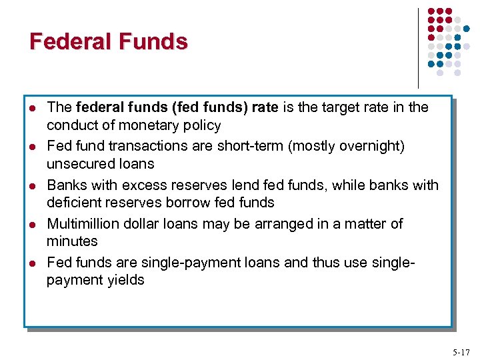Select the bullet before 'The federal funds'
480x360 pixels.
pyautogui.click(x=33, y=108)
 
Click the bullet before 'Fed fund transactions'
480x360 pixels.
pyautogui.click(x=33, y=147)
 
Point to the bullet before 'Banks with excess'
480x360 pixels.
pyautogui.click(x=33, y=185)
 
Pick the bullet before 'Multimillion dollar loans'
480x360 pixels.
pyautogui.click(x=33, y=224)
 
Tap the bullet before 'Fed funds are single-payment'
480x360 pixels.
pyautogui.click(x=33, y=263)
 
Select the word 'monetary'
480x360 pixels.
pyautogui.click(x=149, y=125)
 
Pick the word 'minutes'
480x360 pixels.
pyautogui.click(x=72, y=241)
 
